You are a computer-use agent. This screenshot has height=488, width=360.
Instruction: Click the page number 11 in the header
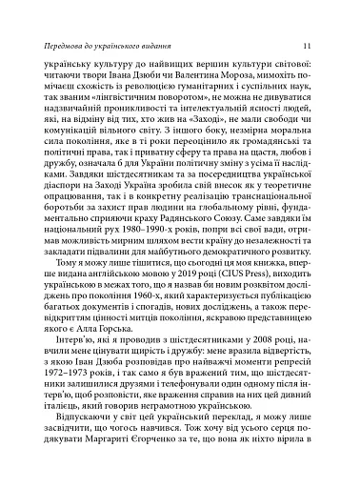click(x=324, y=45)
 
